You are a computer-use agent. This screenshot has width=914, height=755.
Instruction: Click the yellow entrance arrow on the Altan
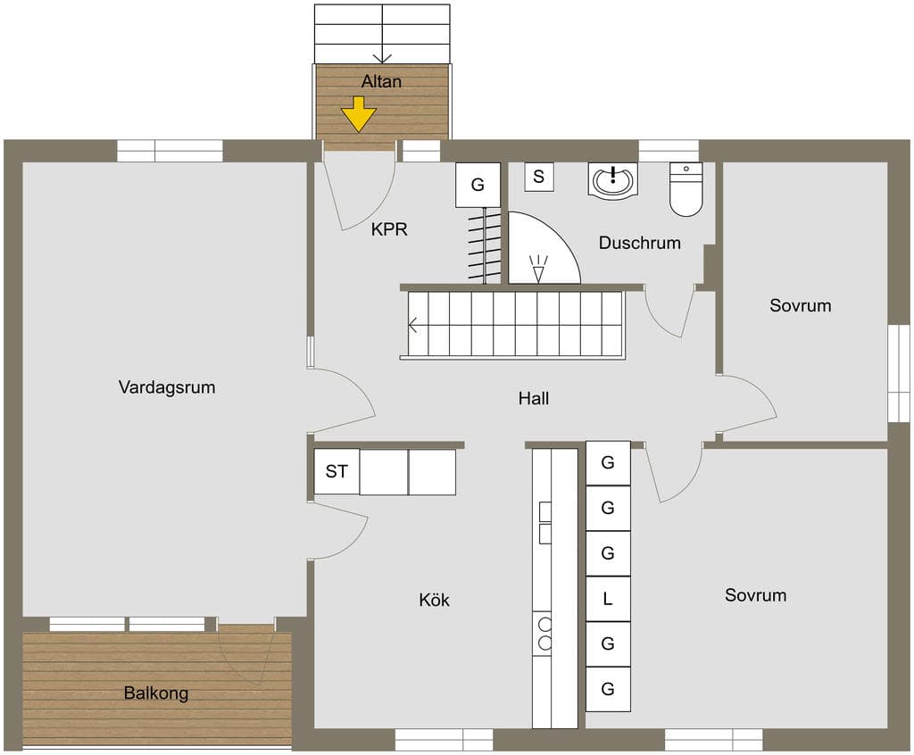click(x=359, y=114)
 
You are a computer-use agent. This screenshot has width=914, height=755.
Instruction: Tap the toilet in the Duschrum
click(x=686, y=189)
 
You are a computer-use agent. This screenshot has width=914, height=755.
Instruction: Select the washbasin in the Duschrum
click(x=612, y=180)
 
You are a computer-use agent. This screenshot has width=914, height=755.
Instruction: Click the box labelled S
click(x=538, y=177)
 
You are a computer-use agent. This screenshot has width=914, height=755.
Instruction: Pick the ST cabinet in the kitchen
click(x=337, y=472)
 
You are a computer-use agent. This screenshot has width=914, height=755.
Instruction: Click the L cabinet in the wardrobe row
click(x=607, y=599)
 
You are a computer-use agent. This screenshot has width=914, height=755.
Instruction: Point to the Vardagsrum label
click(x=167, y=387)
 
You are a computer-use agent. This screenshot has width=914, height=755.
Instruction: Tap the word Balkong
click(x=155, y=693)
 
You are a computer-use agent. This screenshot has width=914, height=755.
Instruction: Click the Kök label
click(x=434, y=600)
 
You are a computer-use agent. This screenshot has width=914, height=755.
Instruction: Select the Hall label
click(x=534, y=398)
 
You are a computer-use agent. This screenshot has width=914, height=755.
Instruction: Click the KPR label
click(x=389, y=229)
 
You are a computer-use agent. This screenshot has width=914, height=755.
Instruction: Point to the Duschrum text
click(x=639, y=243)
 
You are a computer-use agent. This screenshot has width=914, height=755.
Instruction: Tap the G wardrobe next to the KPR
click(x=478, y=185)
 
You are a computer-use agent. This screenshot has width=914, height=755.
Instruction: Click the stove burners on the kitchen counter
click(x=544, y=634)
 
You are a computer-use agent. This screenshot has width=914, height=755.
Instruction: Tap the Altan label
click(x=381, y=81)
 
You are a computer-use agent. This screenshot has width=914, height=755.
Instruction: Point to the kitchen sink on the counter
click(x=544, y=522)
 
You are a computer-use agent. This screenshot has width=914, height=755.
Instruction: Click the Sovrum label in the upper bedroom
click(x=801, y=305)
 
